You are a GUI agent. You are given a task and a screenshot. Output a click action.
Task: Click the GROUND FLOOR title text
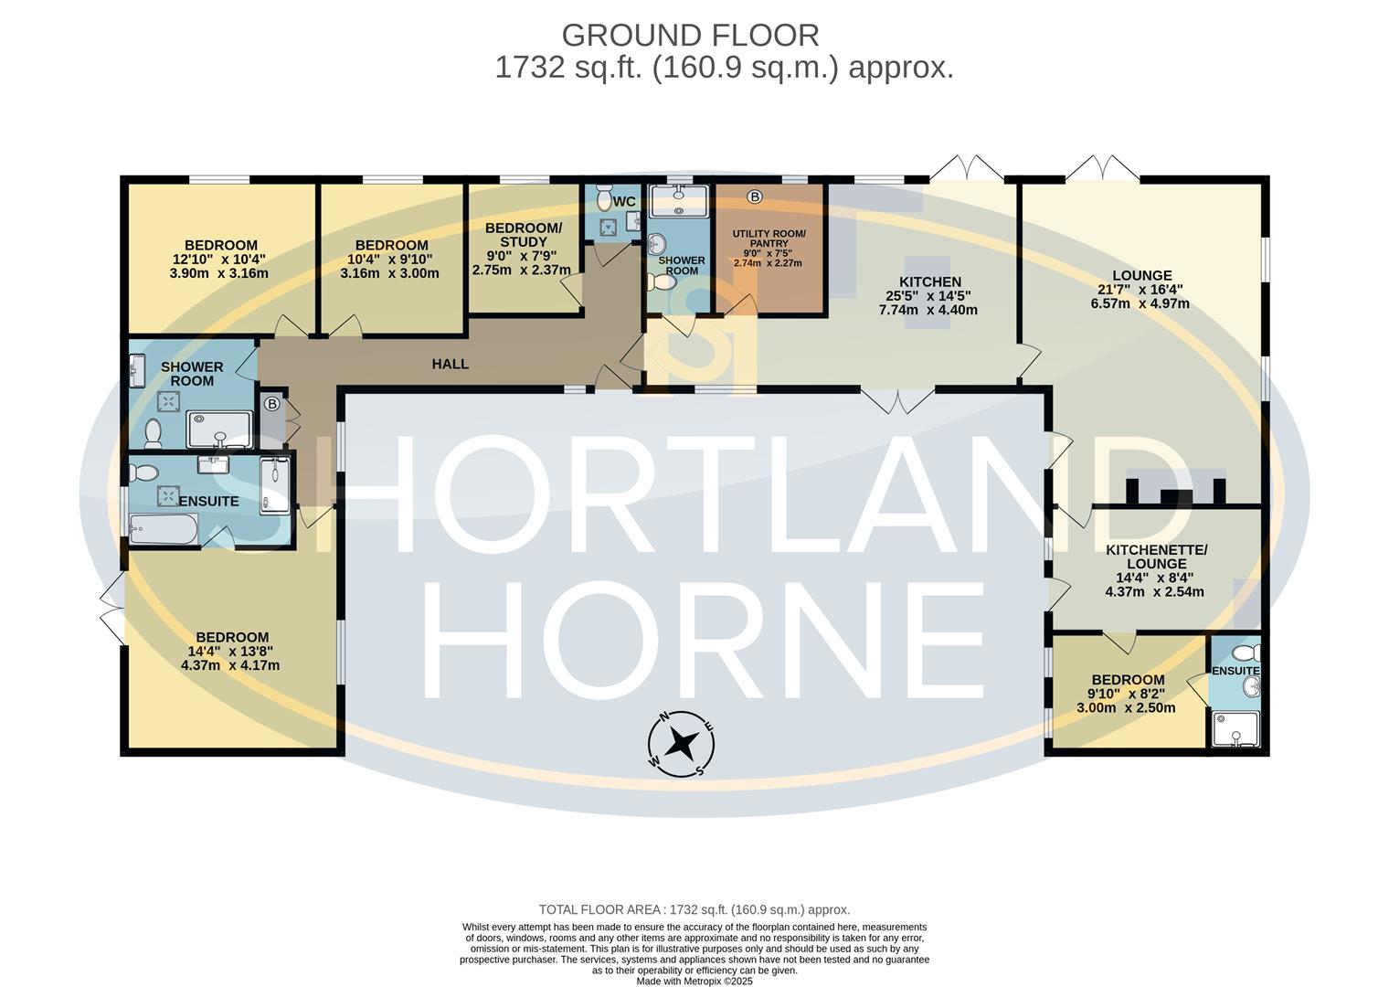click(690, 36)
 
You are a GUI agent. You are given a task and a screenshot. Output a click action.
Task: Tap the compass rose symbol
click(681, 743)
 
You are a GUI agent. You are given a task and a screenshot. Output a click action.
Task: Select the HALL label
click(450, 364)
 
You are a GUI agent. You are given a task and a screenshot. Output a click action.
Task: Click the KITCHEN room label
click(929, 281)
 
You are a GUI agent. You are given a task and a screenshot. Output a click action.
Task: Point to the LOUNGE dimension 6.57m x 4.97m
click(1140, 303)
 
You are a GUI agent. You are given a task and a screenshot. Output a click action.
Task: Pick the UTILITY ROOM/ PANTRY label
click(769, 239)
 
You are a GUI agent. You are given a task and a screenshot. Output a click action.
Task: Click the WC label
click(624, 201)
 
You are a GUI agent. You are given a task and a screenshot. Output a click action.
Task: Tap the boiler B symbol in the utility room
click(754, 196)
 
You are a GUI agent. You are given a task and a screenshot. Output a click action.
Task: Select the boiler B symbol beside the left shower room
click(271, 403)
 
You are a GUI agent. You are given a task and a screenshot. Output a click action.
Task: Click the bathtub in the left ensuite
click(163, 528)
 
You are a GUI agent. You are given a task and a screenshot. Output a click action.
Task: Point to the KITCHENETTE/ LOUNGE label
click(1156, 557)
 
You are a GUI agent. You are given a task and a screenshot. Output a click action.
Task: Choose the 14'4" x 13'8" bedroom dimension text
click(230, 652)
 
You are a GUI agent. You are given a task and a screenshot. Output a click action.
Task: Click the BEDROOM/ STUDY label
click(523, 235)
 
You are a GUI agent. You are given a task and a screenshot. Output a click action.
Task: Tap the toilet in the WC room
click(603, 197)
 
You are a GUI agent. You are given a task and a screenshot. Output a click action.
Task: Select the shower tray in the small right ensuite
click(1235, 729)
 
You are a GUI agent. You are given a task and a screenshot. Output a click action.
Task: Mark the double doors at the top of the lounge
click(1102, 168)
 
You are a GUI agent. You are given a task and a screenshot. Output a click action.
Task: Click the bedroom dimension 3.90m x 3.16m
click(219, 273)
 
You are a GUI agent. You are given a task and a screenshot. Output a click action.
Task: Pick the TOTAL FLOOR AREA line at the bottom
click(694, 909)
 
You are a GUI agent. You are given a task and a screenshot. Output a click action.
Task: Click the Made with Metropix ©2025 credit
click(694, 981)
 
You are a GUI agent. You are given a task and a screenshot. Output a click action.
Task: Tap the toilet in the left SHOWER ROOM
click(153, 431)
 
